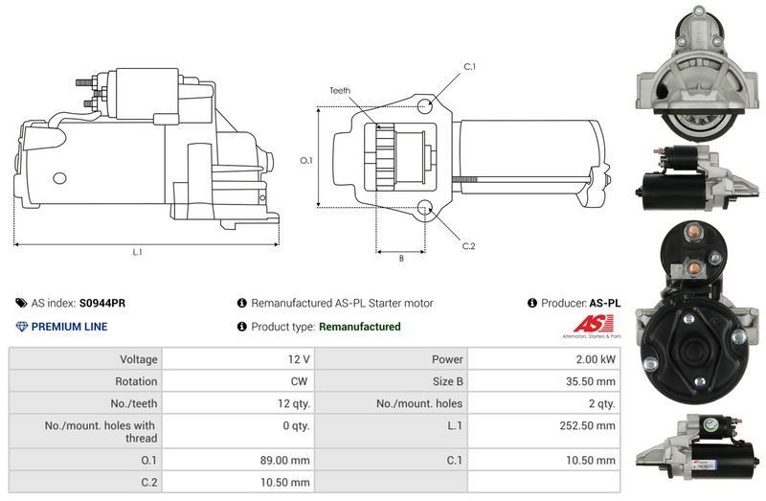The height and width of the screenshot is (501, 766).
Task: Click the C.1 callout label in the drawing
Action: (x=469, y=66)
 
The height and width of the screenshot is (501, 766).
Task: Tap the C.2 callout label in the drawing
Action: (x=468, y=246)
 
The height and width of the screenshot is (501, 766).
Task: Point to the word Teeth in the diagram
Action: (x=340, y=90)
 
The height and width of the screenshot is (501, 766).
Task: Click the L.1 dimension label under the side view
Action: (x=137, y=252)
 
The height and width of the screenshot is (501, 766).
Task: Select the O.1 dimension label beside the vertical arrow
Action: (x=306, y=160)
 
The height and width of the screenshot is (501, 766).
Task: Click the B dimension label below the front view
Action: (x=401, y=258)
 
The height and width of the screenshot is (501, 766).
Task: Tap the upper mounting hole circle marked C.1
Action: (x=425, y=105)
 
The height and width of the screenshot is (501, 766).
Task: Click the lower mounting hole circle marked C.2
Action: (x=425, y=208)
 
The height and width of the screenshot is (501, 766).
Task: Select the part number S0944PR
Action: (x=102, y=303)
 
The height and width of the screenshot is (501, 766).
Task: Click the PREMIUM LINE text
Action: (x=69, y=327)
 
